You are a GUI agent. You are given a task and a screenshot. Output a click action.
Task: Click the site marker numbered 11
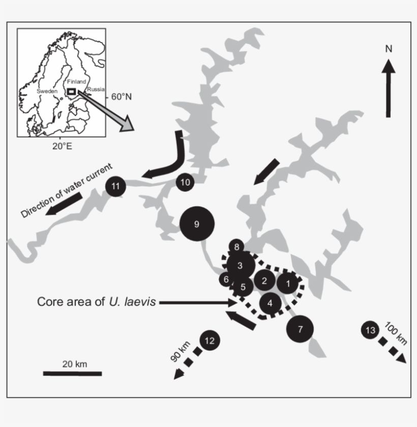[115, 186]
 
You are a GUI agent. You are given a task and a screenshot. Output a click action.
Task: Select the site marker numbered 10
[185, 182]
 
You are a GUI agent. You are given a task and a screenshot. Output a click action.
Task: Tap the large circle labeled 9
[197, 224]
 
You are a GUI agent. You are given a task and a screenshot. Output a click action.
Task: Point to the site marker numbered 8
[236, 247]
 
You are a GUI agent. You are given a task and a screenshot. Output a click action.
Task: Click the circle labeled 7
[300, 329]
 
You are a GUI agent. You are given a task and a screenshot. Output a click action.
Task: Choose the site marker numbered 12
[210, 341]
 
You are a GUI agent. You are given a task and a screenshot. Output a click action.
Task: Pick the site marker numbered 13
[370, 330]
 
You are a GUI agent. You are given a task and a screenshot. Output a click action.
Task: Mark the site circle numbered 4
[270, 303]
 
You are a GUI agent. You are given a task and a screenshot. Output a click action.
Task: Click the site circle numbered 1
[288, 284]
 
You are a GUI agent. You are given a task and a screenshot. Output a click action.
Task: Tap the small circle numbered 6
[226, 279]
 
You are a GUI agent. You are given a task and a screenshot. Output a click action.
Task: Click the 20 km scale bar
[72, 374]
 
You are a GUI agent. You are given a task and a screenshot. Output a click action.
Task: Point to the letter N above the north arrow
[389, 49]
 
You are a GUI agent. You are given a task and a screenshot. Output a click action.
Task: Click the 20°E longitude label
[63, 146]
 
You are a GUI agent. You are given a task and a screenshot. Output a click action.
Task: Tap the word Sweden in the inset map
[47, 91]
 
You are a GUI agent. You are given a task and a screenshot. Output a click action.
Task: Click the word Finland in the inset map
[77, 81]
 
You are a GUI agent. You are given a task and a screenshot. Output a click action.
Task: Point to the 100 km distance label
[396, 333]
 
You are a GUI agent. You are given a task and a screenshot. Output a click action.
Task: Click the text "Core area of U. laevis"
[97, 302]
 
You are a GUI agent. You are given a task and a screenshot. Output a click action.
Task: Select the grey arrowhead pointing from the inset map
[127, 124]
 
